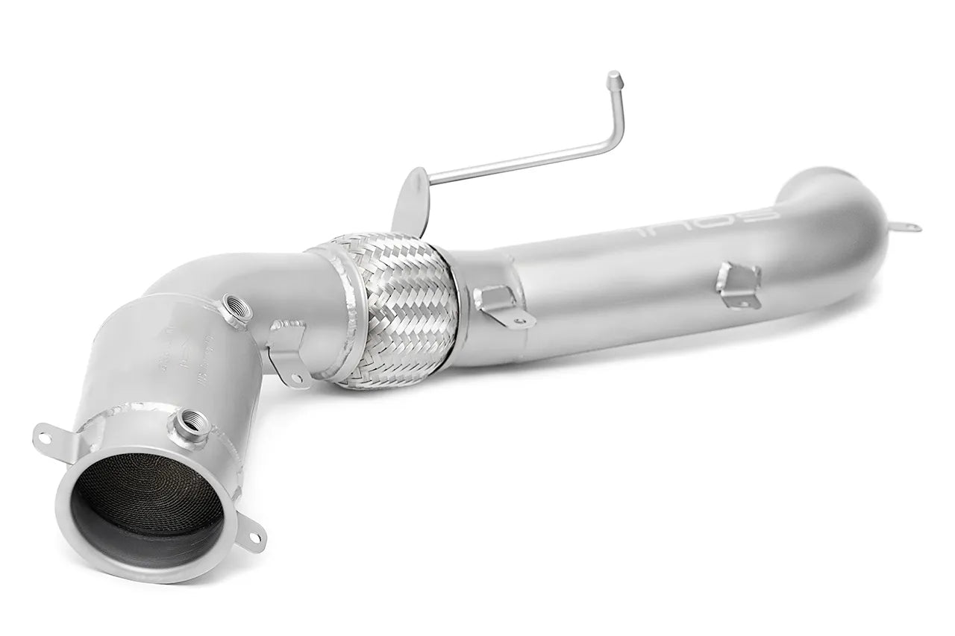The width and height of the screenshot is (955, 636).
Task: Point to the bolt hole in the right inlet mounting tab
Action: click(256, 537)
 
